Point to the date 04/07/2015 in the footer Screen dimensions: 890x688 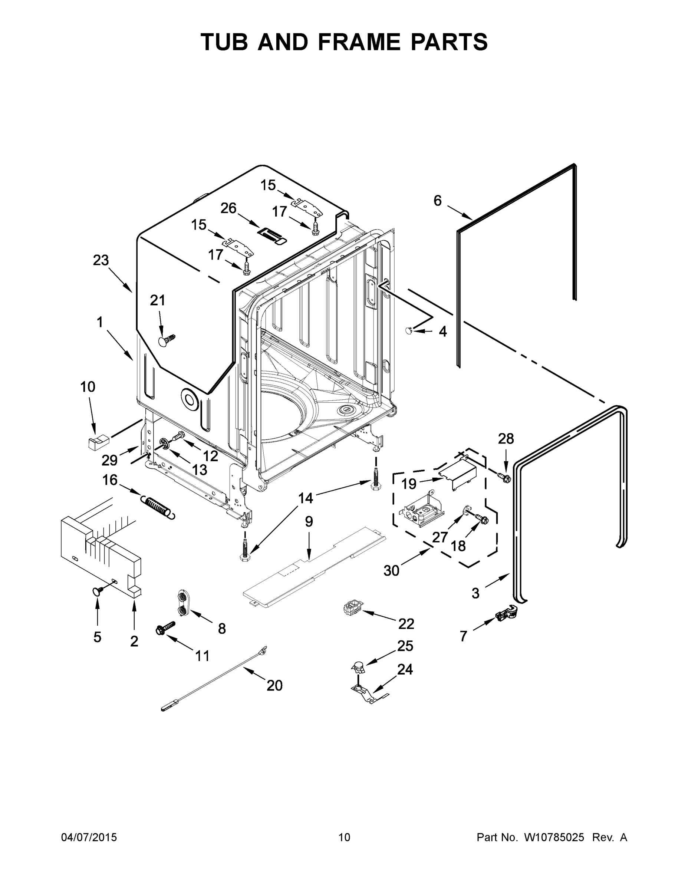[89, 837]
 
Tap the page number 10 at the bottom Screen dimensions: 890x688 [344, 837]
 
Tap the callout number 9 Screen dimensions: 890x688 [309, 522]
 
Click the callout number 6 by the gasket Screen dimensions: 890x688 [437, 201]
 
